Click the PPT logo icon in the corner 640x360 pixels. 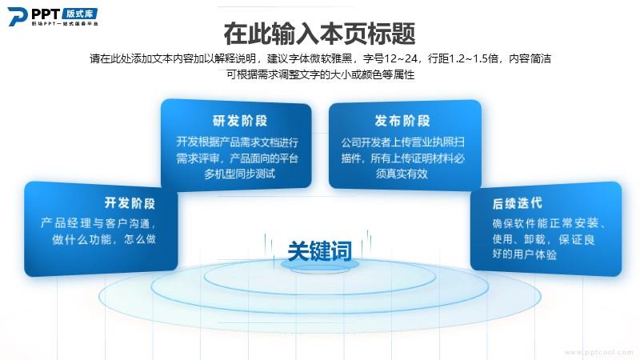pyautogui.click(x=18, y=16)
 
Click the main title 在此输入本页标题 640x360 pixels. pyautogui.click(x=319, y=34)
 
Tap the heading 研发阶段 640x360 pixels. pyautogui.click(x=239, y=121)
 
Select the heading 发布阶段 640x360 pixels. pyautogui.click(x=402, y=121)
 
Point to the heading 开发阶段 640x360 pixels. pyautogui.click(x=130, y=203)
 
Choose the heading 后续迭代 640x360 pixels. pyautogui.click(x=517, y=203)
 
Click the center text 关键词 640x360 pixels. pyautogui.click(x=319, y=250)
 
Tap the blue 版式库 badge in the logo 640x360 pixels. pyautogui.click(x=80, y=14)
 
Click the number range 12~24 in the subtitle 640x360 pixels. pyautogui.click(x=401, y=58)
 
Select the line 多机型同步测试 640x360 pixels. pyautogui.click(x=239, y=174)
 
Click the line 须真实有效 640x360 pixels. pyautogui.click(x=402, y=174)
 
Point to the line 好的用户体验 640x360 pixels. pyautogui.click(x=525, y=254)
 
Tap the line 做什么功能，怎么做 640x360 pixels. pyautogui.click(x=104, y=238)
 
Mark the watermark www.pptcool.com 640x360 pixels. pyautogui.click(x=598, y=352)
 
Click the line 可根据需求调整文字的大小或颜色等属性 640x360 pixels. pyautogui.click(x=321, y=74)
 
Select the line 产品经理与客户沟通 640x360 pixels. pyautogui.click(x=98, y=223)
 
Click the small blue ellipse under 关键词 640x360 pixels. pyautogui.click(x=319, y=266)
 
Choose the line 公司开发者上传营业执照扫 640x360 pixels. pyautogui.click(x=403, y=142)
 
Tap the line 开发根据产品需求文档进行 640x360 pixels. pyautogui.click(x=237, y=142)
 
